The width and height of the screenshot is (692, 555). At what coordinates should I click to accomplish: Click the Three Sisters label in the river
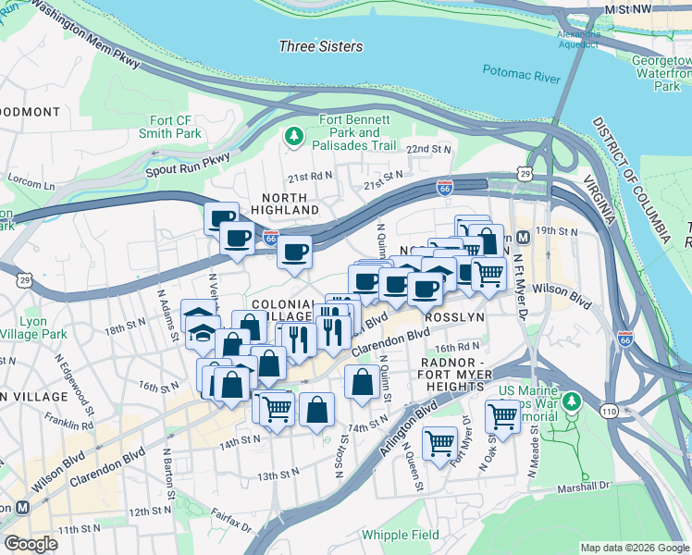(x=321, y=46)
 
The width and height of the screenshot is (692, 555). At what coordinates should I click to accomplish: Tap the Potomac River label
(x=522, y=74)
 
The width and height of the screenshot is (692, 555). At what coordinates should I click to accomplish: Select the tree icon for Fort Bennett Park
(x=295, y=137)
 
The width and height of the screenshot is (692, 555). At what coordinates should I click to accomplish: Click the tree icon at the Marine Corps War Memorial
(x=572, y=401)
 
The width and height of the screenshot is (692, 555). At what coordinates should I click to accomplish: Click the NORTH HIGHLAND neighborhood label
(x=290, y=203)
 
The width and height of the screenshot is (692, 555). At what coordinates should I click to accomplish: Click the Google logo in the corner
(x=31, y=544)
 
